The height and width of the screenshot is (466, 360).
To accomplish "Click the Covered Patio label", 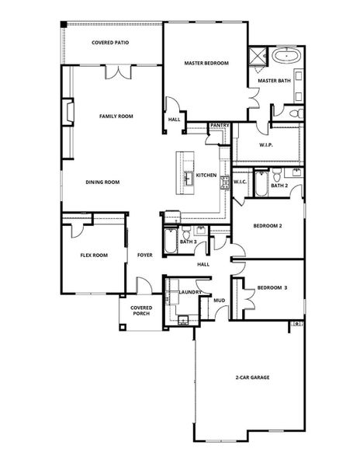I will coord(110,43).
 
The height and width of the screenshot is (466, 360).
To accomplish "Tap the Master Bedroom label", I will coord(206,63).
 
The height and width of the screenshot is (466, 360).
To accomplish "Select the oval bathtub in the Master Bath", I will coord(286,57).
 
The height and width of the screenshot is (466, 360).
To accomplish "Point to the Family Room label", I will coord(116,116).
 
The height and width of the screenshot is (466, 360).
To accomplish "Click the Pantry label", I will coord(220,124).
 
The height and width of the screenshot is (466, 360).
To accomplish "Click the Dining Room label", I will coord(102,183).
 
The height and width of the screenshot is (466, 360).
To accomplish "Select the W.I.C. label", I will coord(240,183).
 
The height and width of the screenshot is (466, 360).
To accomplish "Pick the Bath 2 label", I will coord(280,186).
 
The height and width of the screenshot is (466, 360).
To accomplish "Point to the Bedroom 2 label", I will coord(268,226).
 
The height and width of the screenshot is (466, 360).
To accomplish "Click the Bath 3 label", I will coord(188,242).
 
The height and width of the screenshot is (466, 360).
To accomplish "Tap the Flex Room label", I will coord(93,255).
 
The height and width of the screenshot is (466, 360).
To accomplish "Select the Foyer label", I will coord(144,255).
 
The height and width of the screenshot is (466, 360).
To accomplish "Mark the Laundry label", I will coord(190,292).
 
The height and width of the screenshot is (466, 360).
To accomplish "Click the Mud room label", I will coord(220,300).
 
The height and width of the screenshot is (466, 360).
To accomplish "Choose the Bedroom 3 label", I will coord(272,287).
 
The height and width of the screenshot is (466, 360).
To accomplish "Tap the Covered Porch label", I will coord(141,311).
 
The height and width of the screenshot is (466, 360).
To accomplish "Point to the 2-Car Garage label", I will coord(252,377).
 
